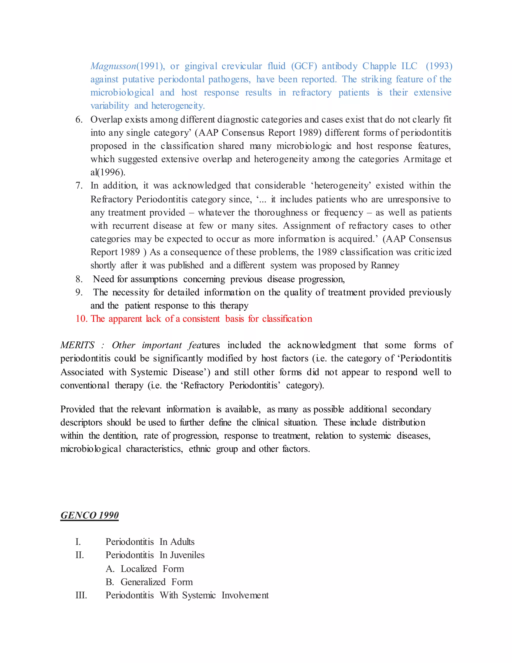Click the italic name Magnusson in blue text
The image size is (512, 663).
(113, 66)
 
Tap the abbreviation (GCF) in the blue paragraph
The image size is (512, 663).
(304, 66)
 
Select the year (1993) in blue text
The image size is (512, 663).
(439, 66)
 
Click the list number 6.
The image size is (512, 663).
(79, 120)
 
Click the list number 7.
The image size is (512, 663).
(79, 185)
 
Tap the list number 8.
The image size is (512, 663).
(79, 279)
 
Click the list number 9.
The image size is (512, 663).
(79, 292)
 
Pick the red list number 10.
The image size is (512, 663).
(81, 319)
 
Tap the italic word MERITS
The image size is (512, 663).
(77, 345)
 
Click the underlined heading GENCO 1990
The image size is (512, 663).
(89, 515)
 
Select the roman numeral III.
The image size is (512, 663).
(81, 595)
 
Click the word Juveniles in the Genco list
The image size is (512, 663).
(187, 555)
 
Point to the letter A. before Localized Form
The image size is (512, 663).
(109, 569)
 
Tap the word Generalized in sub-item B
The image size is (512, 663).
(143, 582)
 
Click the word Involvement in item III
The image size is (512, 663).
(245, 595)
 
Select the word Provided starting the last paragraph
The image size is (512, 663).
(77, 409)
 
